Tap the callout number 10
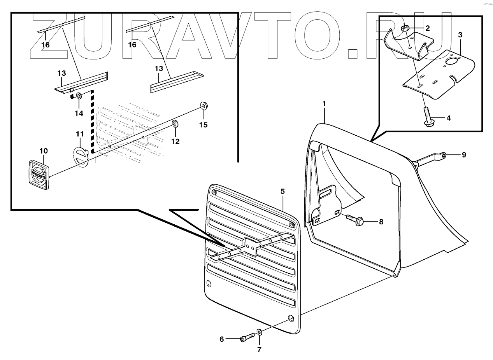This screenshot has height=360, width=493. click(x=43, y=150)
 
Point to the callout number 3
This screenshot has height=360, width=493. click(x=460, y=35)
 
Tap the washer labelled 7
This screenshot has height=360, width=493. click(x=259, y=333)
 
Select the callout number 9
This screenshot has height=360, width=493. click(x=464, y=155)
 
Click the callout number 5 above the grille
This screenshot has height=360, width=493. click(x=282, y=191)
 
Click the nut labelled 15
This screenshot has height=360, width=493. click(x=203, y=106)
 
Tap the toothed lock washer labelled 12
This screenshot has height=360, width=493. click(x=175, y=124)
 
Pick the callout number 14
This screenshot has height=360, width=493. click(x=79, y=113)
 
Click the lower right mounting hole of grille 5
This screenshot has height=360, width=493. click(x=291, y=318)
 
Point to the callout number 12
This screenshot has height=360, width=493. click(x=175, y=141)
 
